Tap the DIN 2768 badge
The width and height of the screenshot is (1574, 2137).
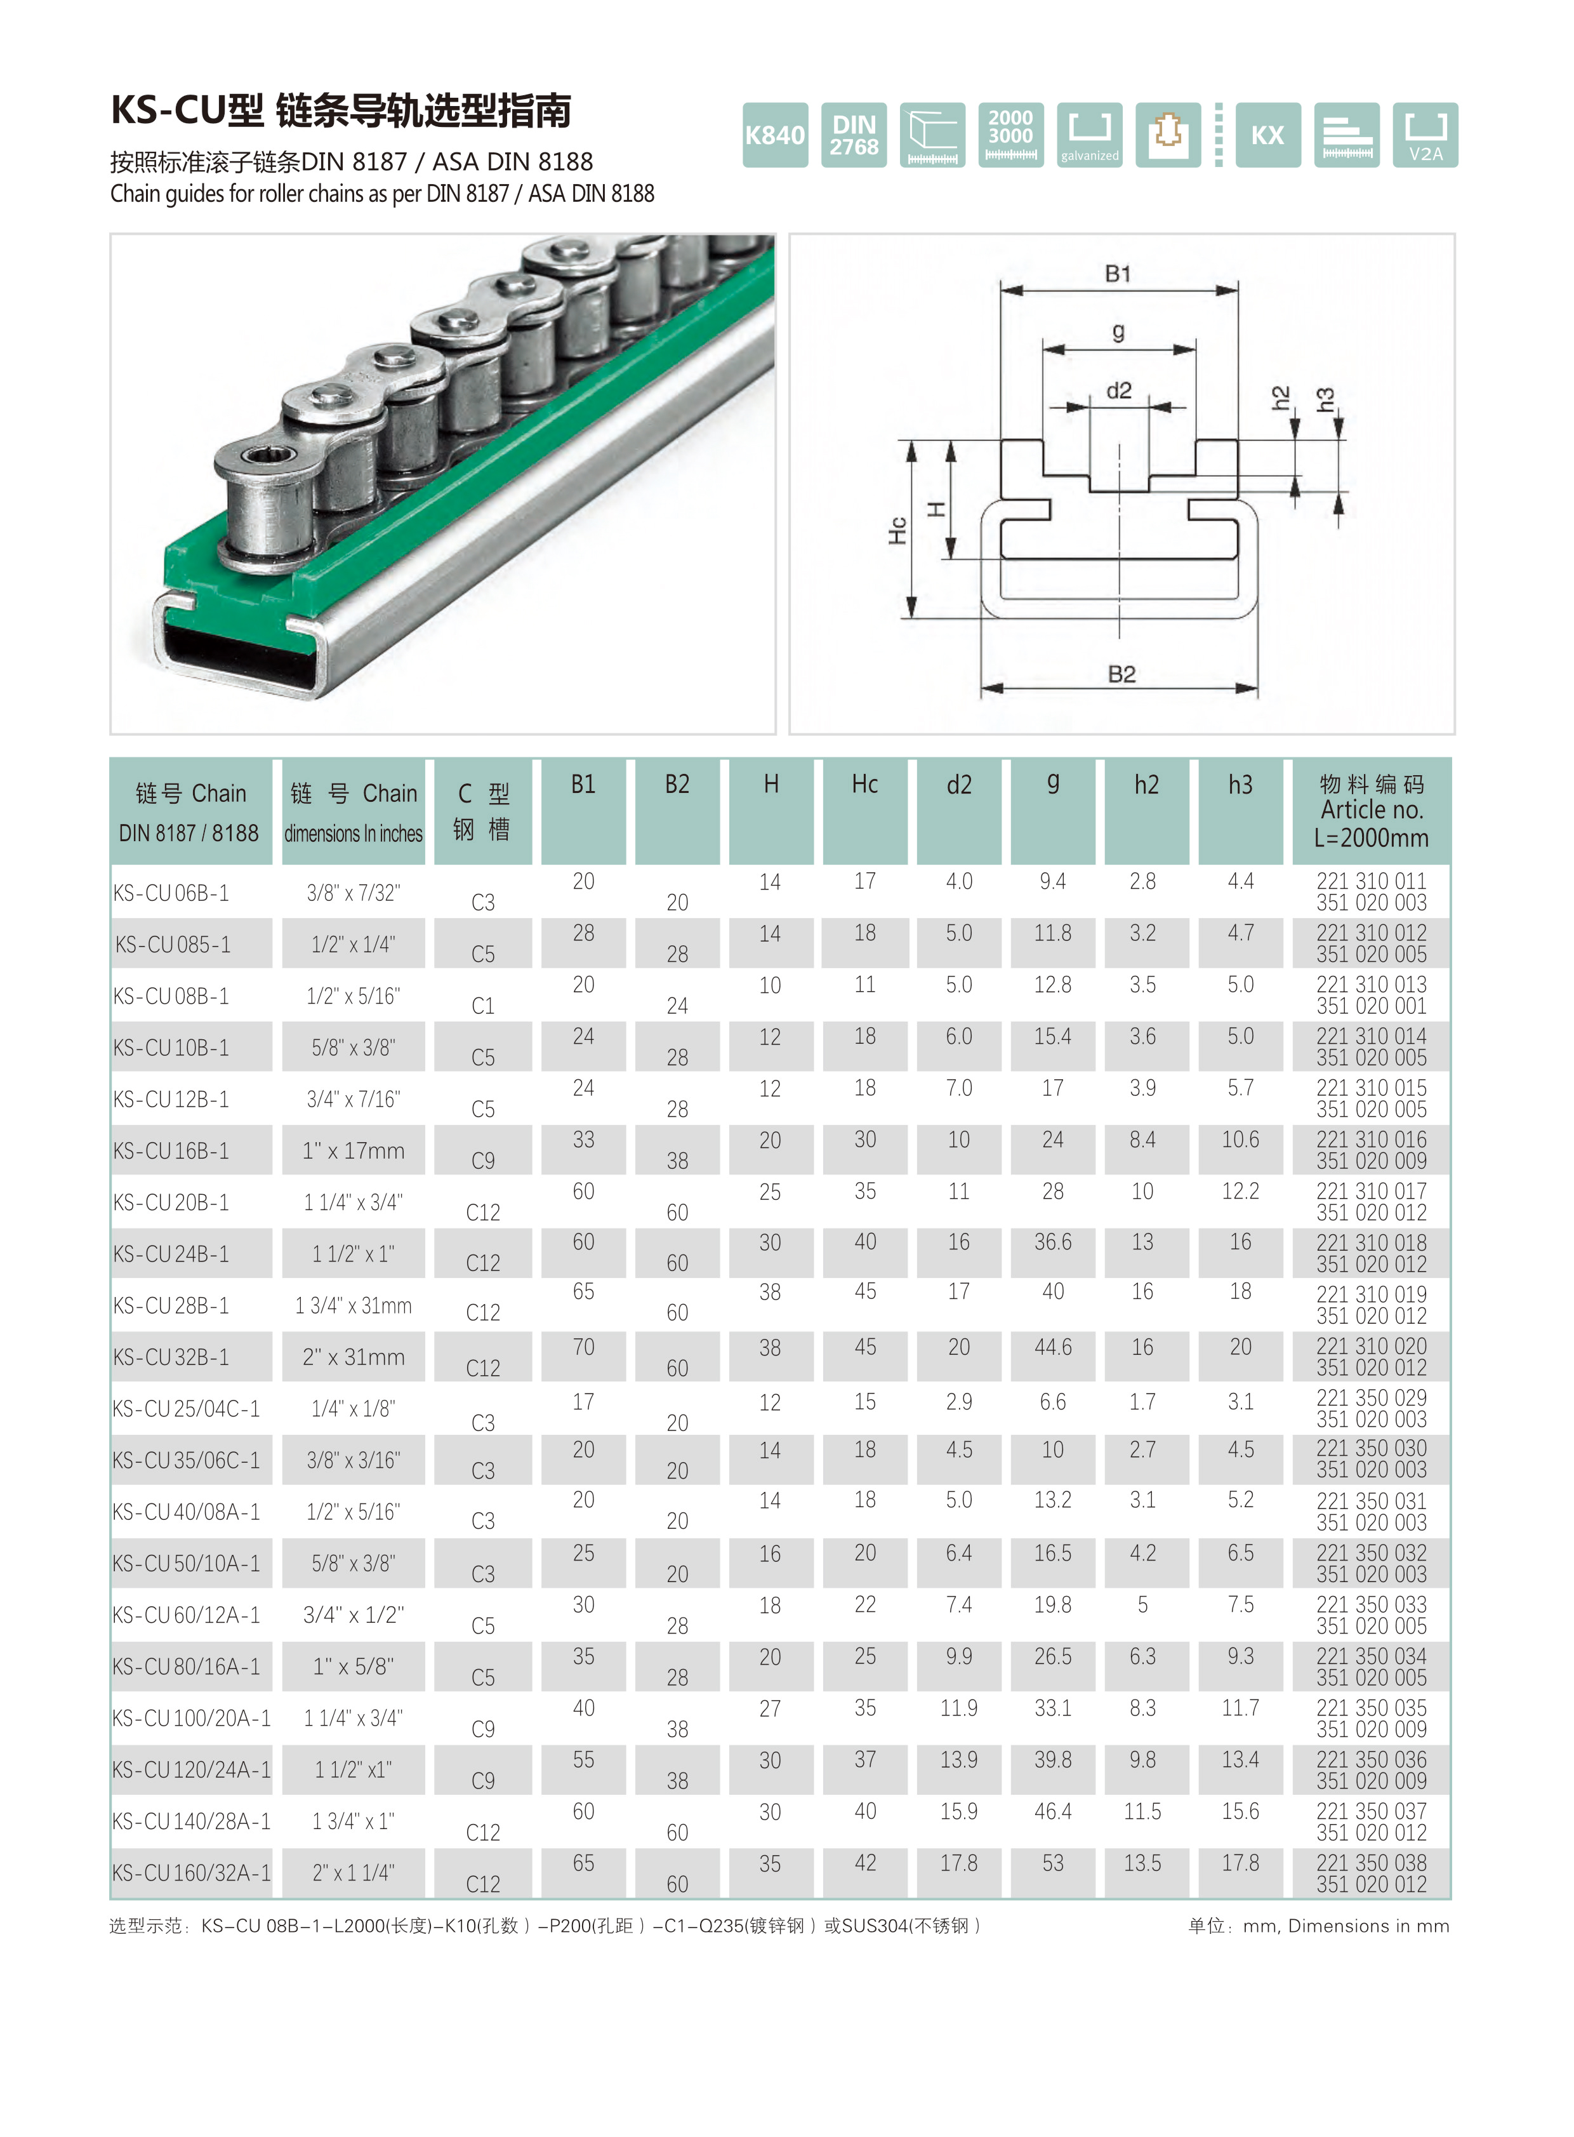[854, 135]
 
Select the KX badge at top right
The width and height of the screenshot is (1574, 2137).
[1267, 135]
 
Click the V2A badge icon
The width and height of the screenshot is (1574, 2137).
[1425, 135]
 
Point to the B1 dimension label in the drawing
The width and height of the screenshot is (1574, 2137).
[1118, 274]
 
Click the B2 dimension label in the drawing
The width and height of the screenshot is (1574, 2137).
[1121, 675]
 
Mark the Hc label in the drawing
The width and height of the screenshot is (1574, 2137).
[897, 531]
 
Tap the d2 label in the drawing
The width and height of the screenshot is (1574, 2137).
[1118, 391]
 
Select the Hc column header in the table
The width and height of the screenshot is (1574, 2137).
[864, 785]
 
